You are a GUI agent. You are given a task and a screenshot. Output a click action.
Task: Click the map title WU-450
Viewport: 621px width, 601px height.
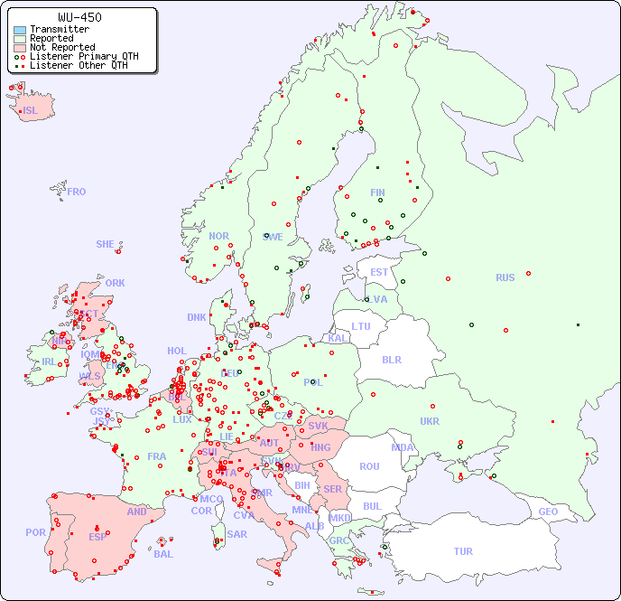[x=79, y=17]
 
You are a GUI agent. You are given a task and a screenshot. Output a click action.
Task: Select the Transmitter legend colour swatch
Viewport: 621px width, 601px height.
[x=20, y=30]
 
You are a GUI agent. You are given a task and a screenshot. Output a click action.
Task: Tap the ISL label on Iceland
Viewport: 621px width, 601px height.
[x=31, y=111]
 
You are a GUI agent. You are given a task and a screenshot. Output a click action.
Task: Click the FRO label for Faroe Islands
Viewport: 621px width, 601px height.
[x=77, y=192]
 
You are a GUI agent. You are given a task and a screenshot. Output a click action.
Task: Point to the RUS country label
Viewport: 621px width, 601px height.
[x=505, y=277]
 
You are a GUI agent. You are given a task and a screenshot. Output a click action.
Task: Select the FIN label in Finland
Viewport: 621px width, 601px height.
[x=377, y=193]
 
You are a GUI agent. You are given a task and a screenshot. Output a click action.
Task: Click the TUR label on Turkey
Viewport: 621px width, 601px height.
[x=463, y=551]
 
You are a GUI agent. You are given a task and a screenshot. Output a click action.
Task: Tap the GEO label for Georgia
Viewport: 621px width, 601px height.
[x=548, y=512]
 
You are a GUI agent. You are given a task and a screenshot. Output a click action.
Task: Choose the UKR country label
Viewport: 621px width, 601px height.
[x=430, y=421]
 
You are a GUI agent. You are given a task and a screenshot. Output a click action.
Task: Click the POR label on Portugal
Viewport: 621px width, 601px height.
[x=35, y=532]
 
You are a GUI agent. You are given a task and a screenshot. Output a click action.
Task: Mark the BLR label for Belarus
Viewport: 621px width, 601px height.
[x=391, y=359]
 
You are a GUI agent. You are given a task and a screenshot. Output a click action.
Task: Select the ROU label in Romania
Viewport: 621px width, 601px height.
[x=369, y=466]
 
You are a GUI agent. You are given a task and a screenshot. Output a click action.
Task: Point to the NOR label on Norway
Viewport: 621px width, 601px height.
[x=218, y=236]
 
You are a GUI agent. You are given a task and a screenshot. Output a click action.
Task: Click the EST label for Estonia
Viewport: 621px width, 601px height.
[x=379, y=272]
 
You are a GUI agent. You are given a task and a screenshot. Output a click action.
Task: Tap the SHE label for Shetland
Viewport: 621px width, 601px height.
[x=106, y=244]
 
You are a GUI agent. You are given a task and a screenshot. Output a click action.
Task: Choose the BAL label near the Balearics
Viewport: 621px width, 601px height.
[x=163, y=554]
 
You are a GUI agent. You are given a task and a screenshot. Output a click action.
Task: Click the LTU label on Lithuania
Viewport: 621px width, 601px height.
[x=361, y=326]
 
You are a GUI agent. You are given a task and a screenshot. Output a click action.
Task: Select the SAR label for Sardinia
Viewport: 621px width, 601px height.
[x=236, y=534]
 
